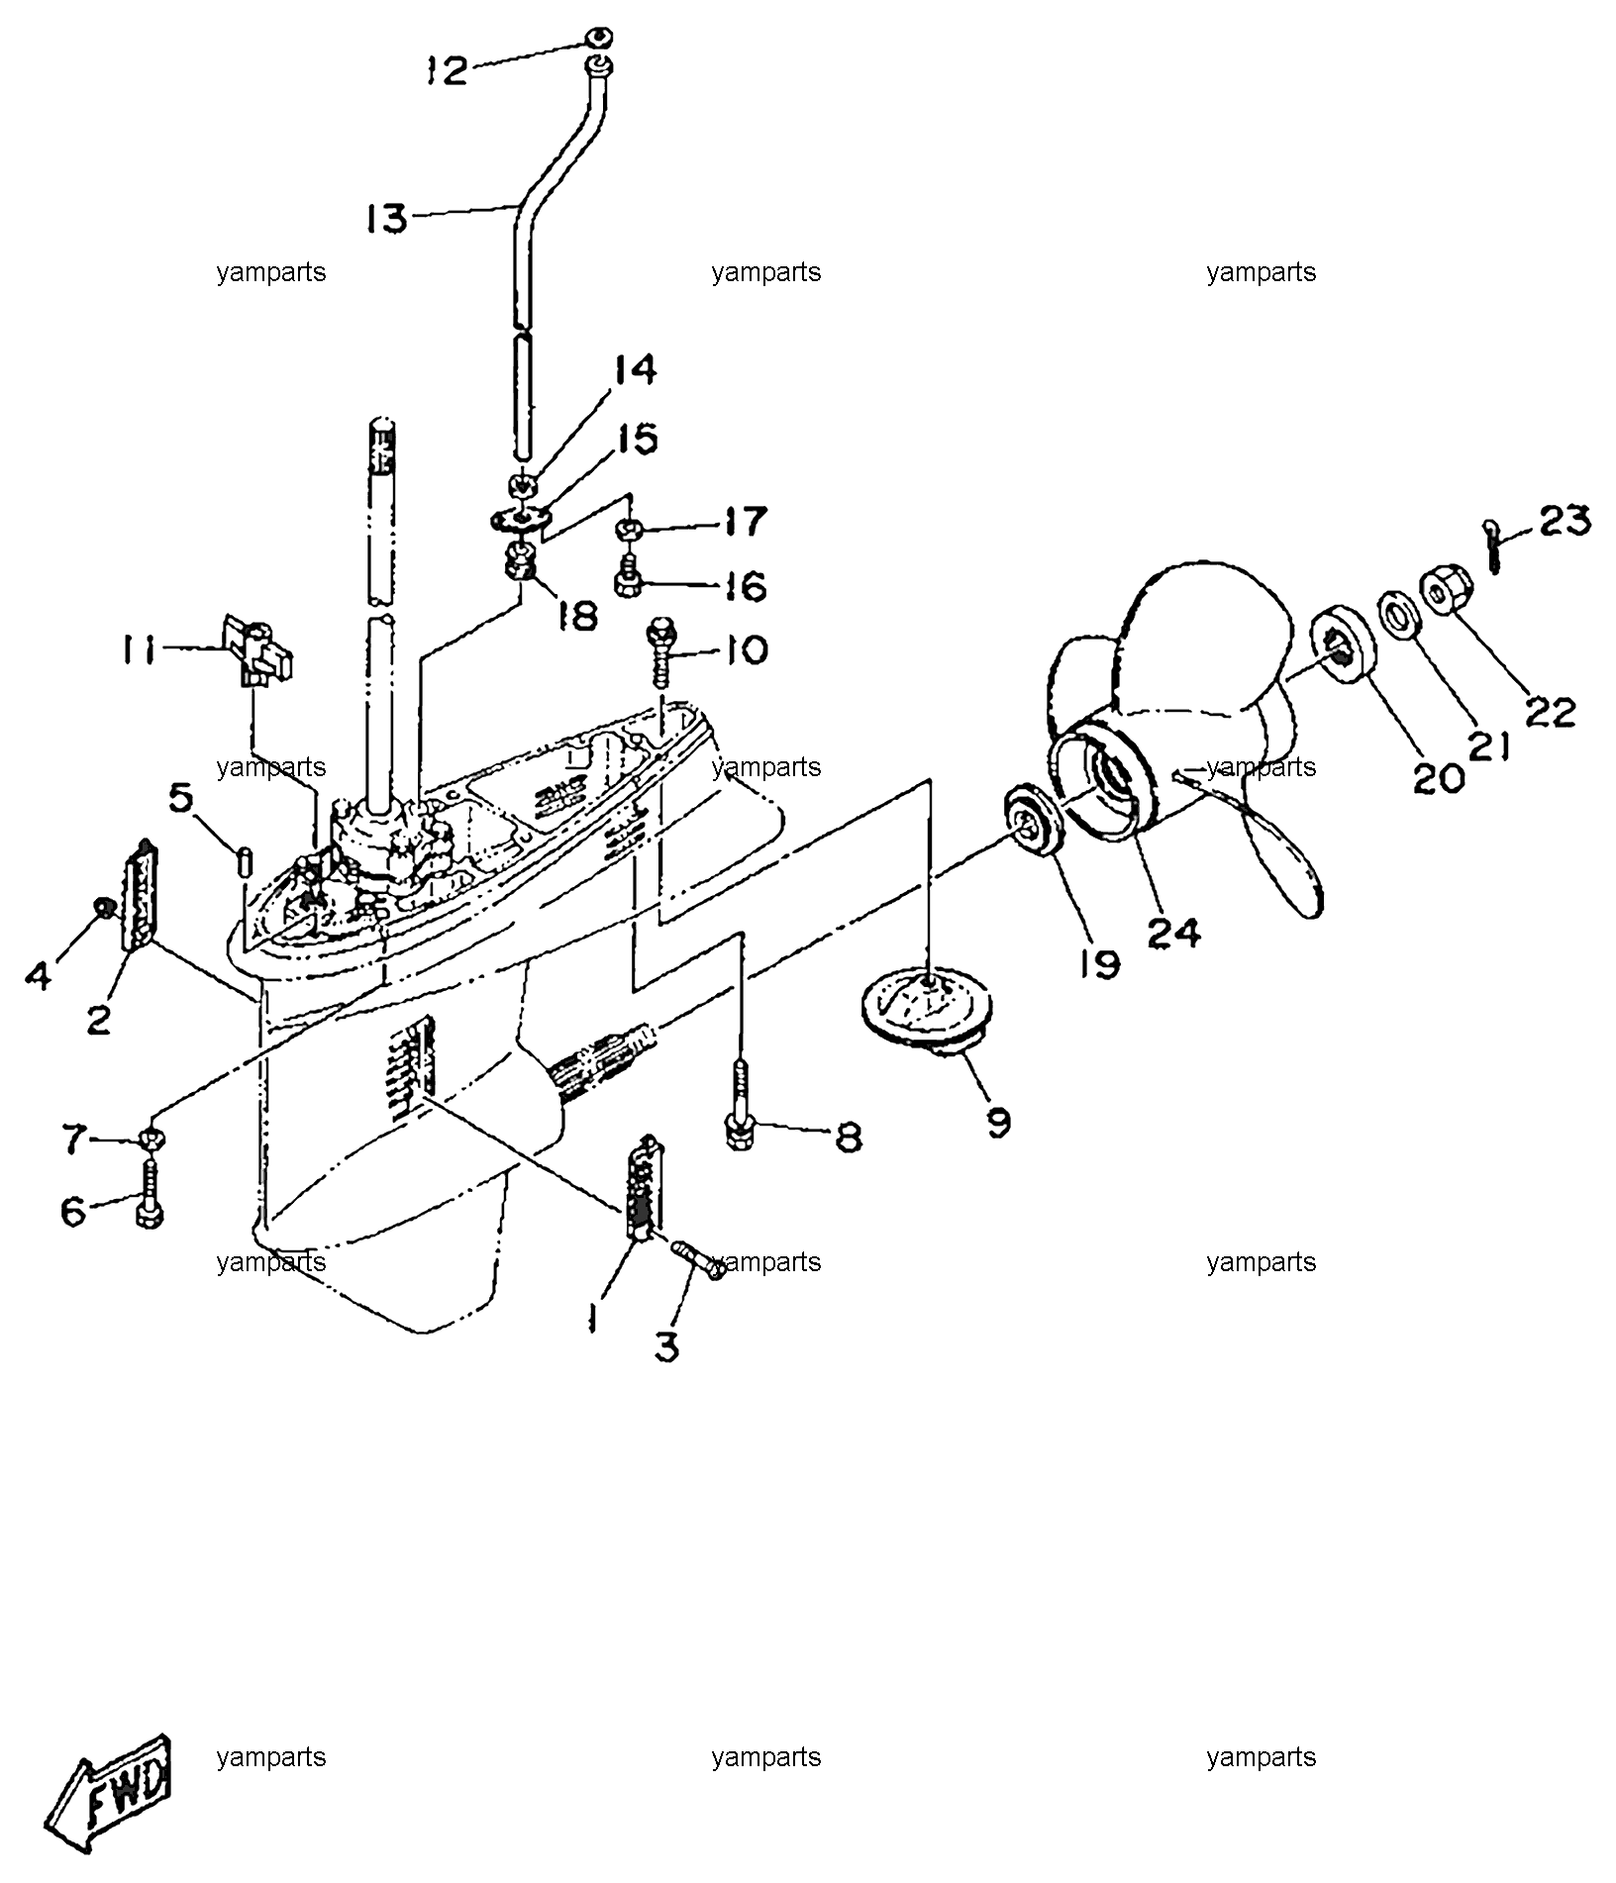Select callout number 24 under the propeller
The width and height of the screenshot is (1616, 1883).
(x=1174, y=932)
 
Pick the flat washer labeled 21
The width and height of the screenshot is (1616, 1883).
(x=1401, y=617)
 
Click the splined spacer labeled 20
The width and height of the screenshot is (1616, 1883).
(x=1345, y=650)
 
